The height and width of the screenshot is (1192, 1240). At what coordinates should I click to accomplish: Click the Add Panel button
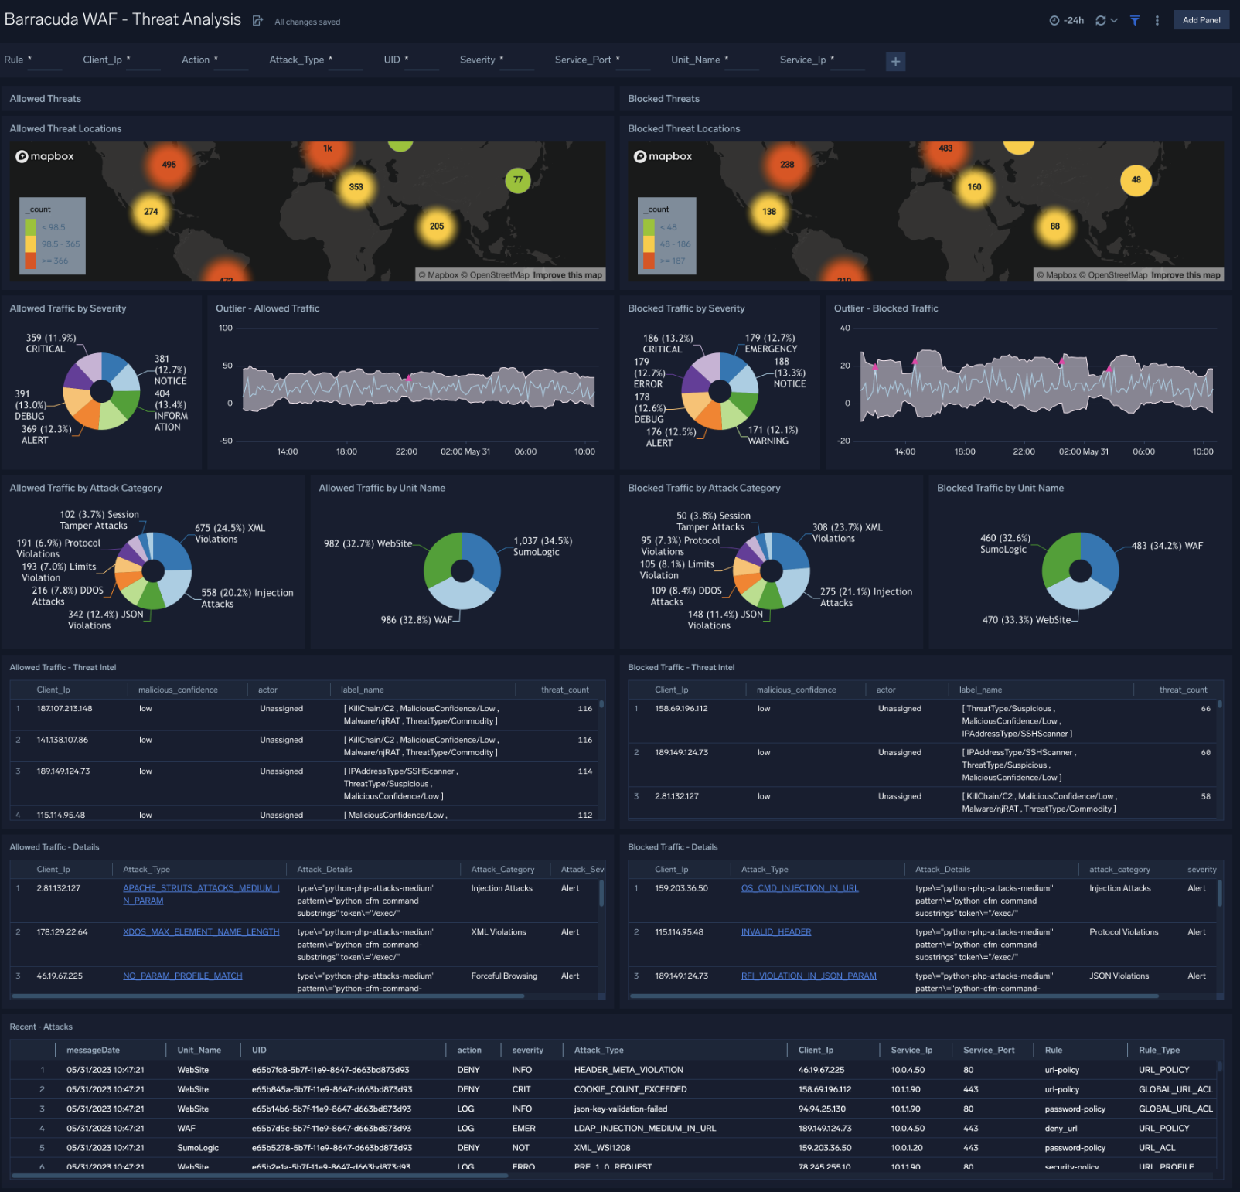point(1201,20)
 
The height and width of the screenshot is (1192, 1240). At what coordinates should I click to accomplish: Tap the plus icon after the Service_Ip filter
point(895,61)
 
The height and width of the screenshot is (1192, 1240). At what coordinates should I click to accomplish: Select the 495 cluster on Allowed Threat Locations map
point(169,165)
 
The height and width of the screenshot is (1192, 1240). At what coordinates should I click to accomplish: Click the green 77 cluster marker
point(518,180)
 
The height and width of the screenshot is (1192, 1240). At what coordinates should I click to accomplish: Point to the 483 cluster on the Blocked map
point(945,149)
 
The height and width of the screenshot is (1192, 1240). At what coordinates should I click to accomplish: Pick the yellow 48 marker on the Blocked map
point(1136,180)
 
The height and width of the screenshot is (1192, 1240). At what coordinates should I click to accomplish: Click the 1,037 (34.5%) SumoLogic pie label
point(543,547)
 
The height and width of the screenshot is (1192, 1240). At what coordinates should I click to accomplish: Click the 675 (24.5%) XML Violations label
point(230,533)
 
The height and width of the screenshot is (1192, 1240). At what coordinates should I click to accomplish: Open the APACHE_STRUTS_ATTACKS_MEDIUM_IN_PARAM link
point(201,894)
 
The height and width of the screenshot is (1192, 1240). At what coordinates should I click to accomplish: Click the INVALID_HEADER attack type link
point(776,932)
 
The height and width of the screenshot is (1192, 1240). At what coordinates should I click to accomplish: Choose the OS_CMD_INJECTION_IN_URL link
point(799,888)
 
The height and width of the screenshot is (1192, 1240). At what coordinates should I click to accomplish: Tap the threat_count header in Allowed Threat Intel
point(564,690)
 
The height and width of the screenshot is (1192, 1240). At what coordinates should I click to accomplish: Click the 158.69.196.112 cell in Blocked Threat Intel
point(681,709)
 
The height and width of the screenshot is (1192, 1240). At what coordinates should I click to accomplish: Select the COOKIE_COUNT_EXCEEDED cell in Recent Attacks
point(630,1089)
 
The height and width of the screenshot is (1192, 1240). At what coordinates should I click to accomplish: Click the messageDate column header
point(93,1050)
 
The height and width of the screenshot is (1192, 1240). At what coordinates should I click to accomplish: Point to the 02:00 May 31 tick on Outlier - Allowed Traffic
point(465,451)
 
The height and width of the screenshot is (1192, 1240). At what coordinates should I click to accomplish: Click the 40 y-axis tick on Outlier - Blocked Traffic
point(845,328)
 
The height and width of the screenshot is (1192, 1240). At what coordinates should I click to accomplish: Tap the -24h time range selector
point(1067,21)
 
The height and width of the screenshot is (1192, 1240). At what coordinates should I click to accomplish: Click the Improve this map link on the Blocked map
point(1185,275)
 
